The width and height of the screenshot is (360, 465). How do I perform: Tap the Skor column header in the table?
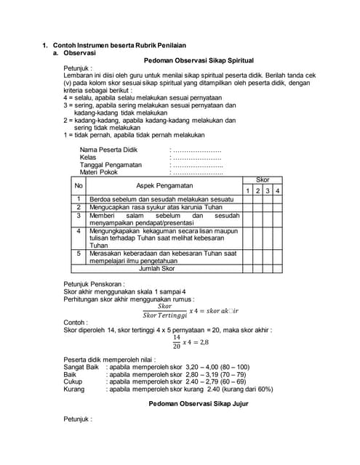tap(263, 179)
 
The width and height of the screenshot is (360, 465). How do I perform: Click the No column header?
tap(79, 186)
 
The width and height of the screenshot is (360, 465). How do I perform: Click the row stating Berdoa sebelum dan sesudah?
tap(161, 198)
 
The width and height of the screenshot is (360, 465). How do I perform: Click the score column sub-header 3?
tap(268, 190)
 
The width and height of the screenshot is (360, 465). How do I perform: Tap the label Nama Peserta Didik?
tap(108, 150)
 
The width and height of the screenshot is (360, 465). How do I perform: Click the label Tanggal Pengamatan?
tap(111, 165)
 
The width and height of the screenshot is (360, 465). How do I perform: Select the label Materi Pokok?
tap(99, 172)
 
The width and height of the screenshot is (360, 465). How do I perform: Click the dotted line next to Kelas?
tap(196, 158)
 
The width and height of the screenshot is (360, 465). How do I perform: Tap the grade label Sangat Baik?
tap(81, 367)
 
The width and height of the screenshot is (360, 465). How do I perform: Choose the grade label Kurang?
tap(75, 389)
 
